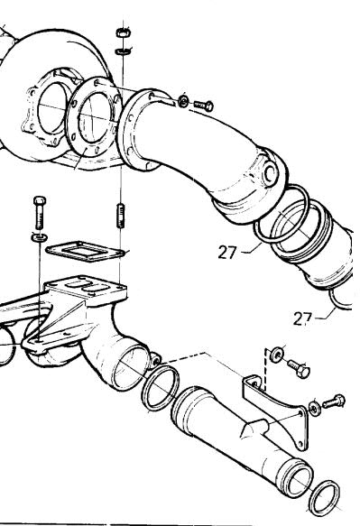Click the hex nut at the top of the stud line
point(123,32)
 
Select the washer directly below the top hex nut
point(123,51)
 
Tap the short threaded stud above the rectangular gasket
point(121,216)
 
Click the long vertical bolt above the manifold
point(40,212)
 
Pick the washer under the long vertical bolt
point(40,237)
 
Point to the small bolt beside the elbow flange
point(204,106)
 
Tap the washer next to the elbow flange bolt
point(183,101)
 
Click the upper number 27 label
point(227,252)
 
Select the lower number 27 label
point(302,318)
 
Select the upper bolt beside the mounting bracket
point(299,368)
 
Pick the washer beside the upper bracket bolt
point(277,355)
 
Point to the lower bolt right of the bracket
point(334,401)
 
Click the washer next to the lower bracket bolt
point(315,409)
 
